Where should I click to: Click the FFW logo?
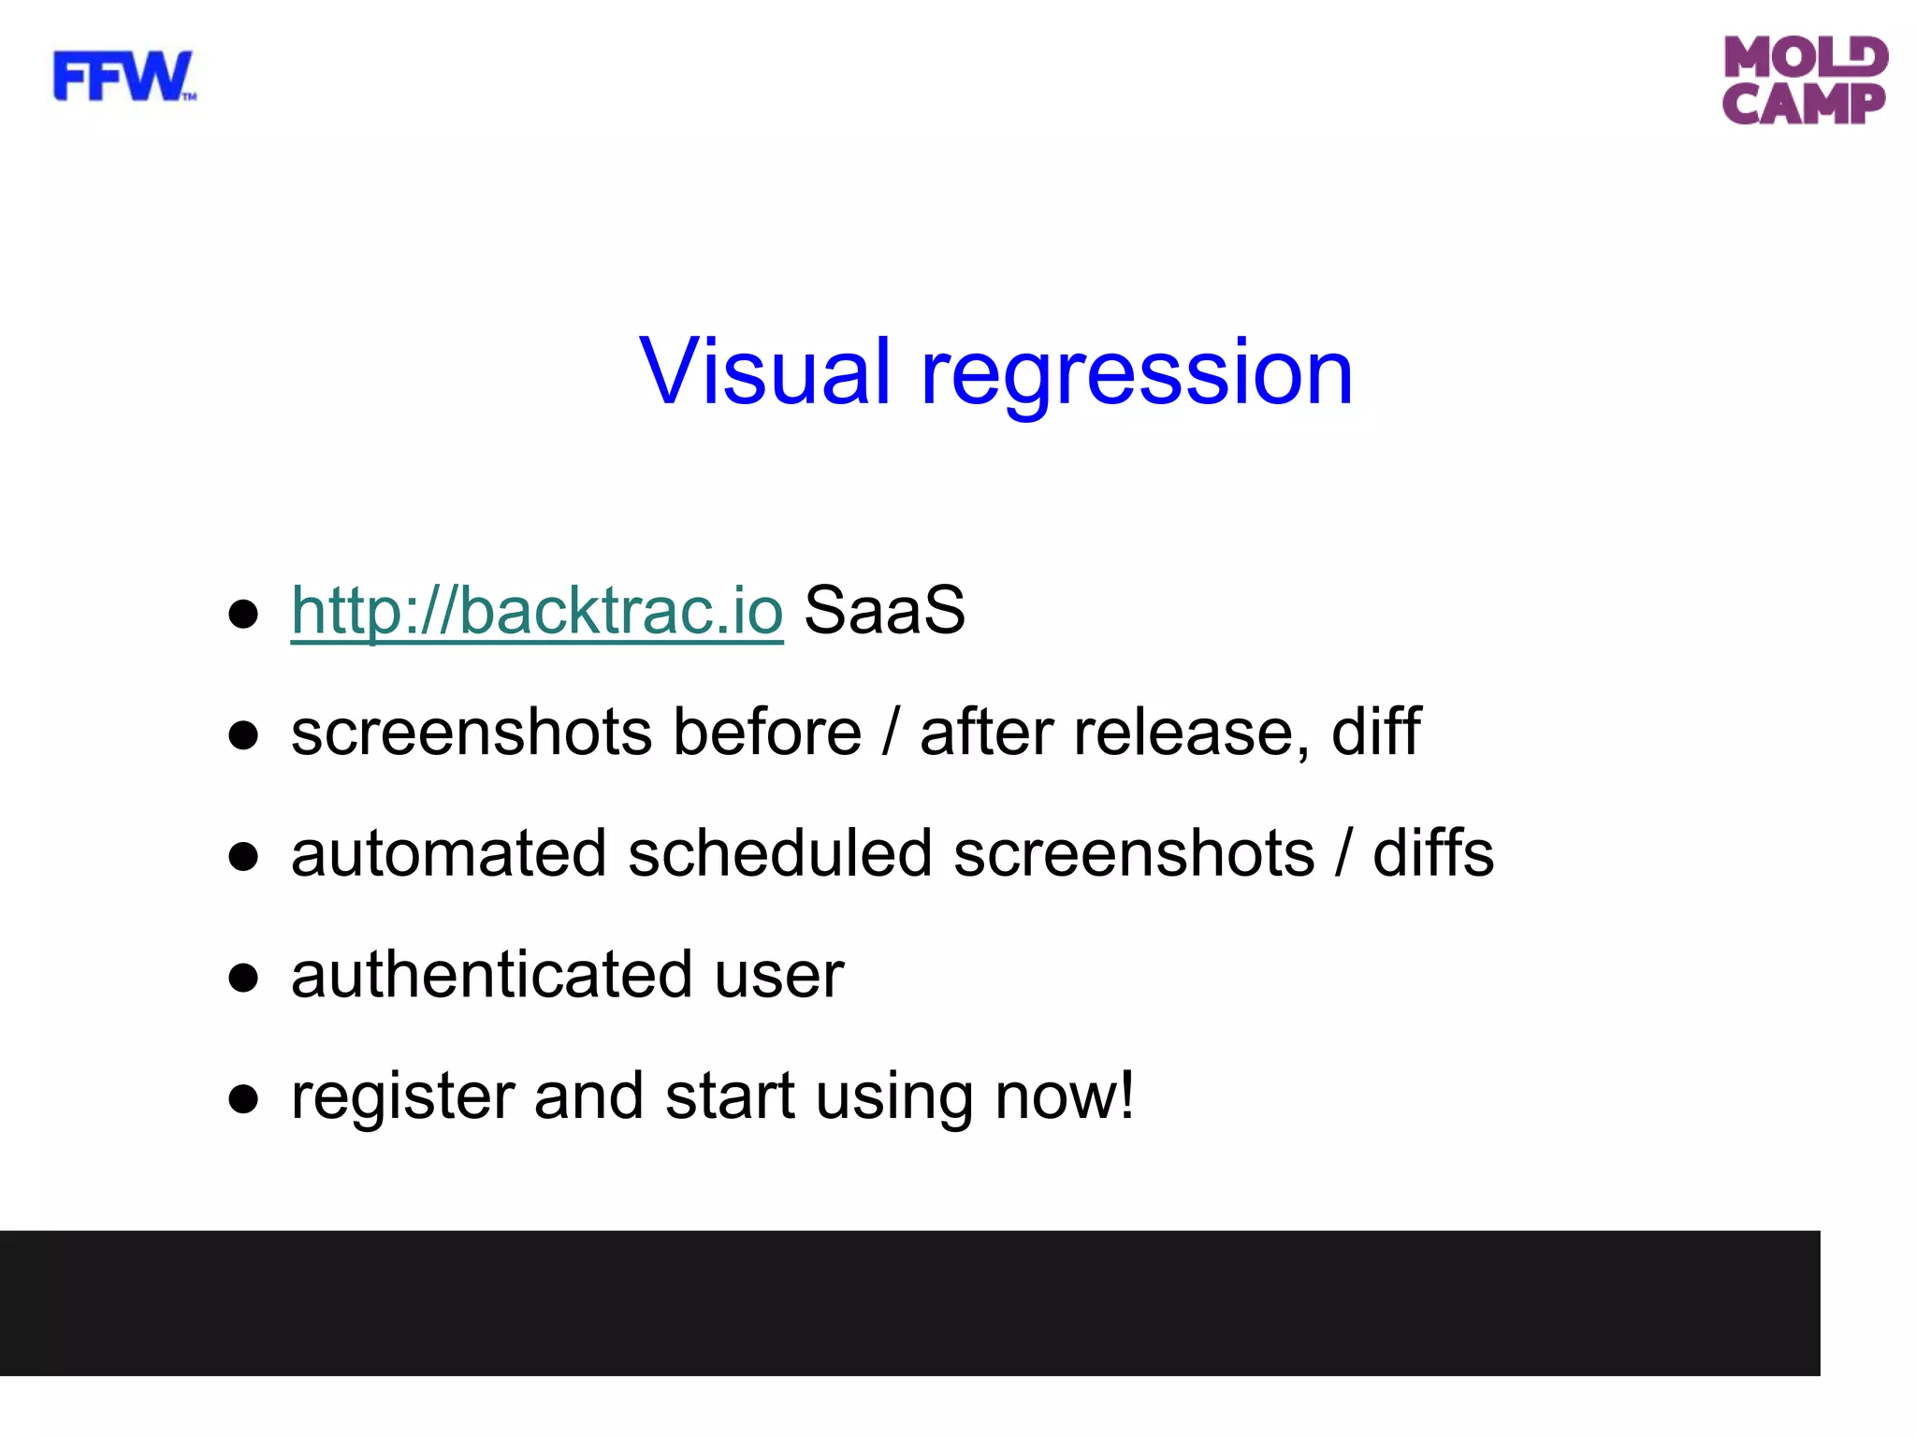[123, 77]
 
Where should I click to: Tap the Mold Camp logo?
[1805, 80]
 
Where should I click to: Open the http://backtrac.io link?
[537, 610]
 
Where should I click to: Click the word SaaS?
[884, 610]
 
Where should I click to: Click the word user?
[779, 977]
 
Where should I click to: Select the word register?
[402, 1096]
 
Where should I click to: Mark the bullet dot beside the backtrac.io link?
[243, 615]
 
